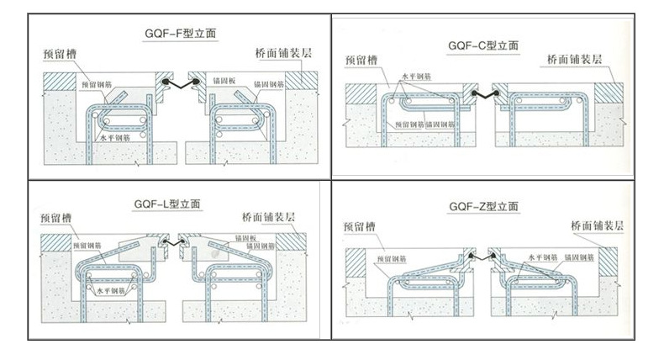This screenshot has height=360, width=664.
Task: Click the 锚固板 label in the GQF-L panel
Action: (x=248, y=238)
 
